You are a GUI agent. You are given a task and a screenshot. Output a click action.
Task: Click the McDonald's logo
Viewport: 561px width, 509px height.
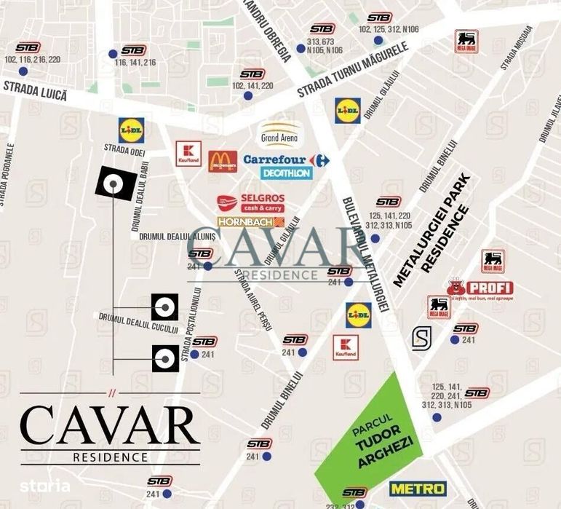pyautogui.click(x=223, y=161)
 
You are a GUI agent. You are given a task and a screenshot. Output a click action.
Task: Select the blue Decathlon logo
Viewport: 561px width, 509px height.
pyautogui.click(x=287, y=173)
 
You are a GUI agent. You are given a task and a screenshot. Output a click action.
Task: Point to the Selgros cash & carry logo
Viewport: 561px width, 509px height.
pyautogui.click(x=251, y=202)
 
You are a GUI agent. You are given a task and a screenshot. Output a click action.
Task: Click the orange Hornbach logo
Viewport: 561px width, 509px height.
pyautogui.click(x=250, y=221)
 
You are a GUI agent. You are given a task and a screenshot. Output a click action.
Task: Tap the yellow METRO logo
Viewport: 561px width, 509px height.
pyautogui.click(x=418, y=487)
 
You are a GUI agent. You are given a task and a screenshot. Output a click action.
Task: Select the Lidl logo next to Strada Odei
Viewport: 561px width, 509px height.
pyautogui.click(x=131, y=130)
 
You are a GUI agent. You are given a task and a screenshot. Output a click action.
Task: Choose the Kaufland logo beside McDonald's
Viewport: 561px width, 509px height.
pyautogui.click(x=188, y=154)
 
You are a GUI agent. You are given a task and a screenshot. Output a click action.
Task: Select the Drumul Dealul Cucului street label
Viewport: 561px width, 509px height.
pyautogui.click(x=138, y=323)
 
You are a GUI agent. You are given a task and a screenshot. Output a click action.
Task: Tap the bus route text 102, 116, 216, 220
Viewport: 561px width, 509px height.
pyautogui.click(x=32, y=60)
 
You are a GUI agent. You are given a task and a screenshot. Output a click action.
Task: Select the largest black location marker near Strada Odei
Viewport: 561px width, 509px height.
pyautogui.click(x=114, y=184)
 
